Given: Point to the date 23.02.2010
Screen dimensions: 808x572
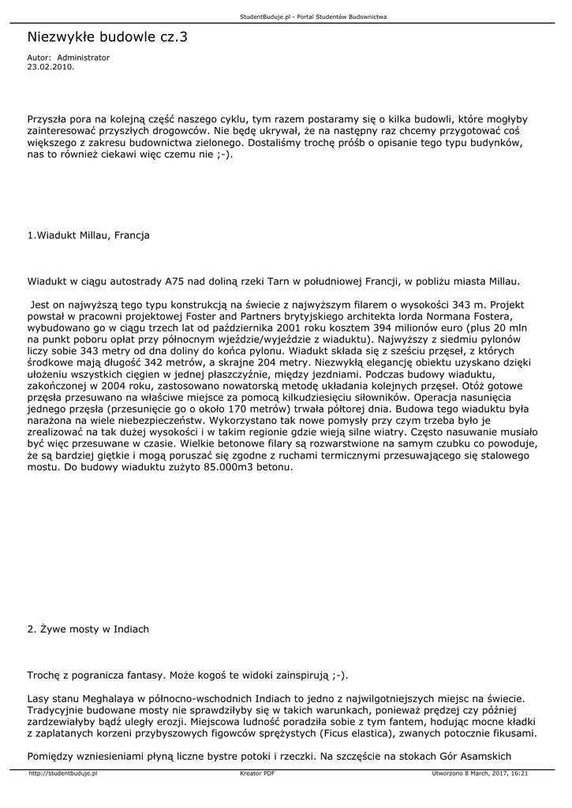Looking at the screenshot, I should point(50,67).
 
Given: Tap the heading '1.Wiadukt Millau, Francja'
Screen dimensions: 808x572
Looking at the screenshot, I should point(88,235).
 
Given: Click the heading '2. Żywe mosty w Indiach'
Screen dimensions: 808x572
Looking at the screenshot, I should point(88,629).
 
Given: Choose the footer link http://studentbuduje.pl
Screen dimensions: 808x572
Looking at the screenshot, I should point(62,774).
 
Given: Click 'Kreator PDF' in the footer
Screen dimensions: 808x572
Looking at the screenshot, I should point(257,774).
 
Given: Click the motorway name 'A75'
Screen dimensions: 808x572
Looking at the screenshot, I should point(175,280).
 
